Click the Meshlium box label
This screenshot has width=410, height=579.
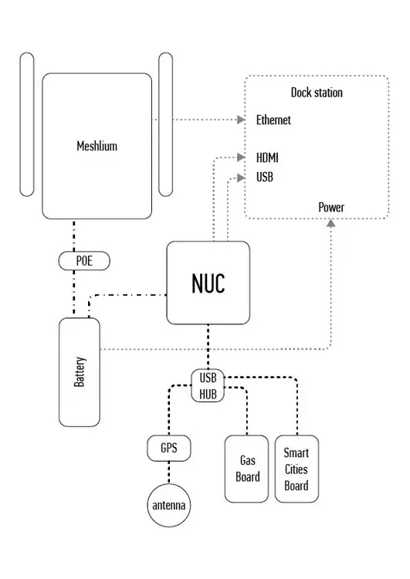[97, 145]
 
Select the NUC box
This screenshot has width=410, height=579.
[208, 283]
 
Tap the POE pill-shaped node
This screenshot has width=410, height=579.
[83, 261]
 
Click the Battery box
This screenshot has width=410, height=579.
[80, 372]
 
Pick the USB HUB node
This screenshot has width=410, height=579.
[208, 386]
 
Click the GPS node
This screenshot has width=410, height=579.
[168, 448]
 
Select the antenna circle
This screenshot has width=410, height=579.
[168, 506]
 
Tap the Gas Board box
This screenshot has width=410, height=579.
[247, 469]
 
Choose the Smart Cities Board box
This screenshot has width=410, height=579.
[296, 469]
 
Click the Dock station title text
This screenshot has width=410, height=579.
[317, 93]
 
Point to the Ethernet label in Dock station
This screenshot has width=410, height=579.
[273, 120]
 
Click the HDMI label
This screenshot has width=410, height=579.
[267, 157]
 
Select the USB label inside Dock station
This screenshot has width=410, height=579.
[264, 177]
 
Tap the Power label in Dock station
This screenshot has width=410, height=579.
[331, 207]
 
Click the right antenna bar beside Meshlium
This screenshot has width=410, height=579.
[165, 124]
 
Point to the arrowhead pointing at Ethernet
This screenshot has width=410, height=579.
[240, 120]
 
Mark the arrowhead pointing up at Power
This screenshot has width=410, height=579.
[331, 222]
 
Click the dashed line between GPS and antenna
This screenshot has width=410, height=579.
[168, 472]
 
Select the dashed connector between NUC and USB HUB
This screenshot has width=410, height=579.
[208, 347]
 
